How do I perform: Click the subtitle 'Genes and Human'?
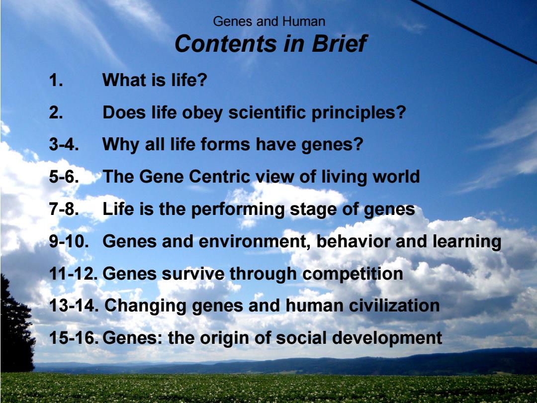(x=269, y=21)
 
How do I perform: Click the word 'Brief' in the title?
(x=339, y=43)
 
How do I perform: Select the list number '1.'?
(x=56, y=80)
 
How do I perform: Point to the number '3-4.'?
(x=64, y=144)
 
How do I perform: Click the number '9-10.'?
(x=69, y=241)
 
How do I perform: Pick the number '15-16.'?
(x=74, y=337)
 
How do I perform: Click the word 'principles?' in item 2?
(x=358, y=113)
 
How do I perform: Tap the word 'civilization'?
(x=394, y=305)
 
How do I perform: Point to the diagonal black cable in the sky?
(x=474, y=31)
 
